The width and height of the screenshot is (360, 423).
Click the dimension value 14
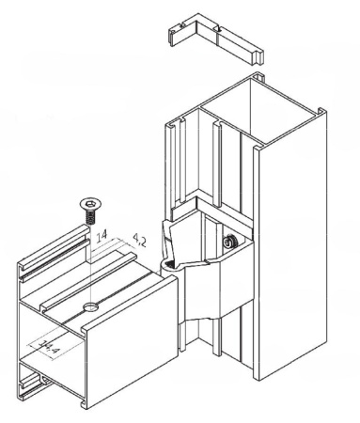tap(102, 236)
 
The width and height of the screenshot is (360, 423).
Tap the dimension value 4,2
tap(140, 240)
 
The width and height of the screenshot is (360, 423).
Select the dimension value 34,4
tap(49, 347)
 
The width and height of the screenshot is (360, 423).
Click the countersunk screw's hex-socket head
tap(90, 204)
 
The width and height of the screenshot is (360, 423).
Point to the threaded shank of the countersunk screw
tap(90, 217)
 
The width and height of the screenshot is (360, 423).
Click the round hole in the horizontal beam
tap(91, 307)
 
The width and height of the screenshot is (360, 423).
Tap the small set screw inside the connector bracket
tap(229, 242)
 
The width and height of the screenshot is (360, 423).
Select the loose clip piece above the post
tap(216, 39)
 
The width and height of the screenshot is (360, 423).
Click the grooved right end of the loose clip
tap(258, 57)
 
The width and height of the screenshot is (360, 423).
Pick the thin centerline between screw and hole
tap(90, 263)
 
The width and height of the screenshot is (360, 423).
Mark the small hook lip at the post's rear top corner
tap(258, 76)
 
